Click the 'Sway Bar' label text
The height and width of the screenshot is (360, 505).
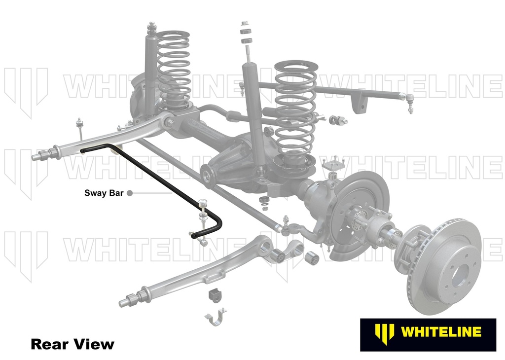tap(104, 193)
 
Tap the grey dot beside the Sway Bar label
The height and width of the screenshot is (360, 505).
tap(130, 193)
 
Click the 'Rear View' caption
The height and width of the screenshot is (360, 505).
tap(72, 344)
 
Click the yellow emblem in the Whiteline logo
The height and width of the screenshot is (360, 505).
tap(385, 332)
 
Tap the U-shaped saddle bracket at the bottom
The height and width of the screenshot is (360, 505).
tap(216, 317)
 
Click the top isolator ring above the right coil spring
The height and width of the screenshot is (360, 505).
tap(296, 67)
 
